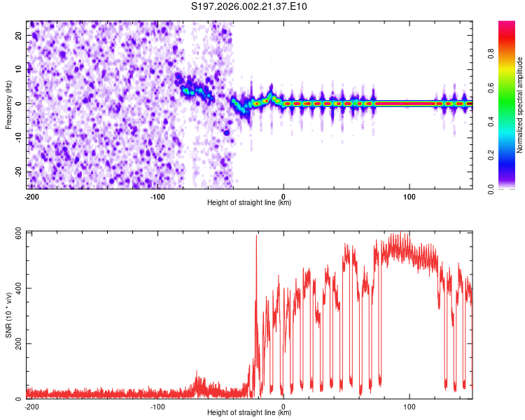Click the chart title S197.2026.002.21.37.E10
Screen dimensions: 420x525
[x=249, y=7]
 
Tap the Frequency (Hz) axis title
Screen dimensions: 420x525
[x=8, y=105]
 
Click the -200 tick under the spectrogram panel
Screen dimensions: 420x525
[x=31, y=197]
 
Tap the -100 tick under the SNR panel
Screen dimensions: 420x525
[x=157, y=407]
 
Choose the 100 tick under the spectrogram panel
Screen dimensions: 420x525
[x=409, y=197]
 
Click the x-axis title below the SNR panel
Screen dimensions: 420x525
[x=249, y=413]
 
